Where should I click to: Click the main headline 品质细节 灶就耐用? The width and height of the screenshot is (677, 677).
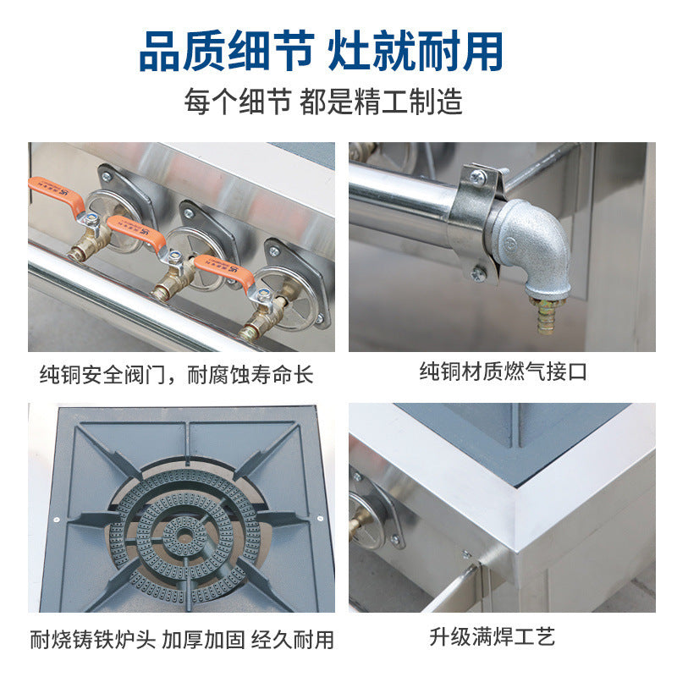click(322, 51)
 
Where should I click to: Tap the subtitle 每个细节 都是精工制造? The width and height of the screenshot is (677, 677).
click(323, 102)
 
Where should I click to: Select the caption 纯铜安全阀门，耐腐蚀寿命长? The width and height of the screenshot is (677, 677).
click(176, 374)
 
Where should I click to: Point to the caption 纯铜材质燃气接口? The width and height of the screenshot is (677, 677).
click(503, 372)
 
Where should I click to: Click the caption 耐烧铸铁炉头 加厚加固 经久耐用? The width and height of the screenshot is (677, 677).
click(182, 640)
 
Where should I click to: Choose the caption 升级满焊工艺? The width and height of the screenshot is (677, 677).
click(493, 637)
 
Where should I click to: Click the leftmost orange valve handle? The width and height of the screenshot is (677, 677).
click(57, 195)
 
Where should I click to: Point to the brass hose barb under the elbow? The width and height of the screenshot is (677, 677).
click(547, 316)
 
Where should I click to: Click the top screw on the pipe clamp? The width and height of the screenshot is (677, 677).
click(477, 177)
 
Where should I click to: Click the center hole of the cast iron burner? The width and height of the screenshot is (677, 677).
click(185, 537)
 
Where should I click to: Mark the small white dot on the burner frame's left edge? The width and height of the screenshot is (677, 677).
click(57, 520)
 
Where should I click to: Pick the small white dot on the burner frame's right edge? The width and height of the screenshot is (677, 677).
click(321, 518)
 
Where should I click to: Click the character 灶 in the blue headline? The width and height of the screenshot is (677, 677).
click(349, 51)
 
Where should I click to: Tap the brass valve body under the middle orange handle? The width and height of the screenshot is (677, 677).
click(173, 278)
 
